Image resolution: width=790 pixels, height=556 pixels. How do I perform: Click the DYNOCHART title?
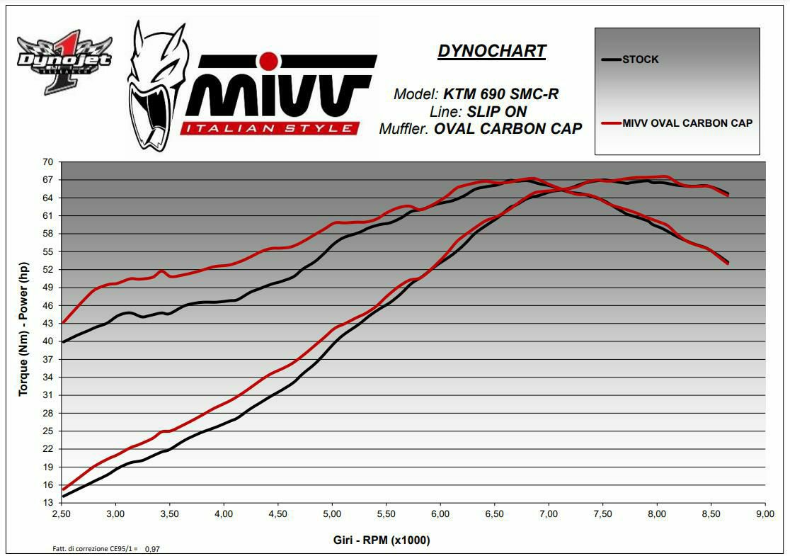tap(492, 51)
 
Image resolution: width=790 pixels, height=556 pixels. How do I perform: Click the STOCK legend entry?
tap(640, 59)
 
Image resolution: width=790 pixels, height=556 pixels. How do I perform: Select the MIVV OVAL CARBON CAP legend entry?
tap(687, 123)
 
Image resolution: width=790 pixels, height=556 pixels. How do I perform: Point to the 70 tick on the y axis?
tap(47, 162)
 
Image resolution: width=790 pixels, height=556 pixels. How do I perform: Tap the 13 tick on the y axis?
tap(47, 503)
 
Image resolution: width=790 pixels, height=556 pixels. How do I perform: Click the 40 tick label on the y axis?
tap(47, 341)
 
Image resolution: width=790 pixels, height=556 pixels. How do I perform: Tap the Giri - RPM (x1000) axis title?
tap(382, 540)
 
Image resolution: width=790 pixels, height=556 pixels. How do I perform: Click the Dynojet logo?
tap(64, 62)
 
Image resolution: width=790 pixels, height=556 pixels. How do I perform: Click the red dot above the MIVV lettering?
tap(268, 61)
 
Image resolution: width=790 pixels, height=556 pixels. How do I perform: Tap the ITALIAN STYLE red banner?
tap(268, 128)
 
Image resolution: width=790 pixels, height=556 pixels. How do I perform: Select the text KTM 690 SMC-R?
tap(500, 94)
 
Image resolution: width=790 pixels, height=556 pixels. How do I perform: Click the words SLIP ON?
tap(496, 112)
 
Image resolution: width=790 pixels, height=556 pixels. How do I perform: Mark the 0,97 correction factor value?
tap(152, 549)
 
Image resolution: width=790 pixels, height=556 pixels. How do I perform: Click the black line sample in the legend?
tap(610, 59)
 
